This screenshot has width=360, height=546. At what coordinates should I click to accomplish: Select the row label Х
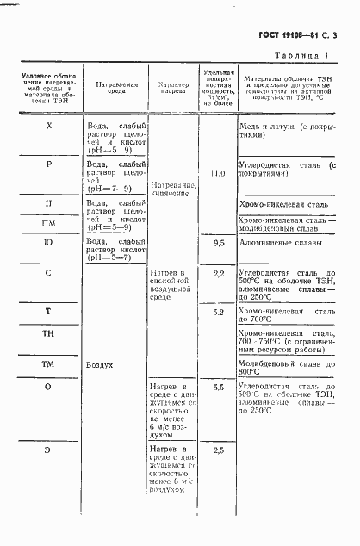[x=48, y=126]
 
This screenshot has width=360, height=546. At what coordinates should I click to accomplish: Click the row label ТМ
[x=48, y=364]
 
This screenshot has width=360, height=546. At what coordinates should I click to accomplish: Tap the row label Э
[x=48, y=450]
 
